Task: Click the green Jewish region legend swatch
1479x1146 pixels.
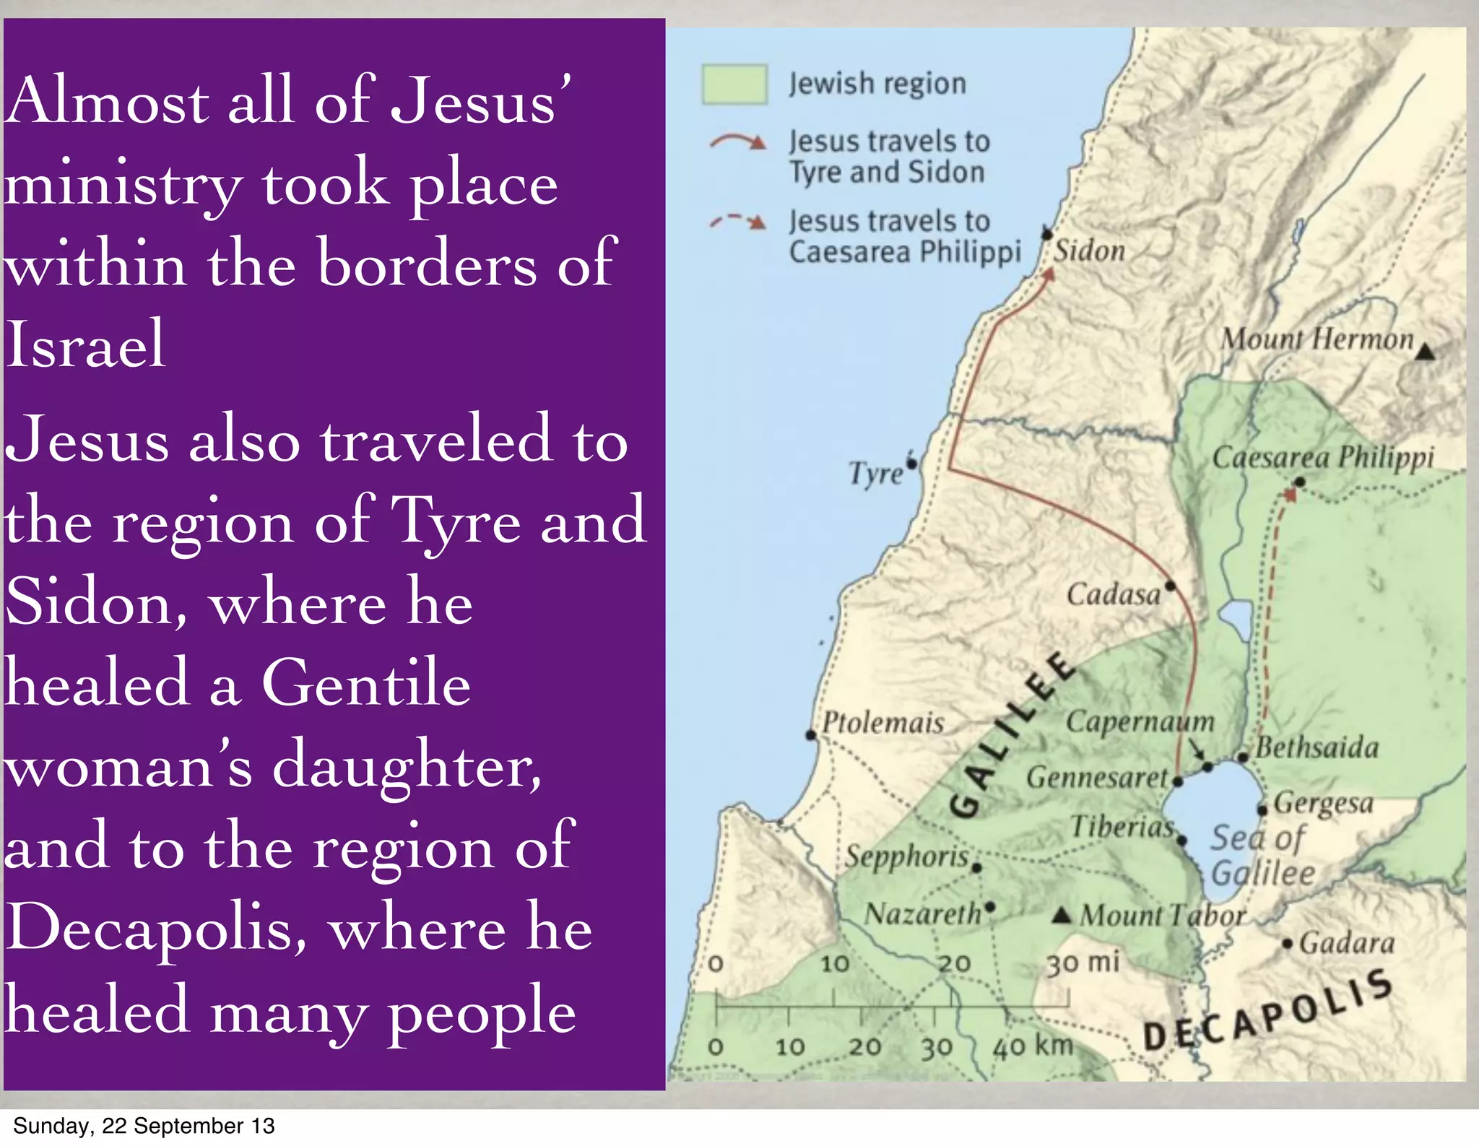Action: pyautogui.click(x=734, y=85)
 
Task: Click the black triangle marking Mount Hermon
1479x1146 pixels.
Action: pyautogui.click(x=1424, y=352)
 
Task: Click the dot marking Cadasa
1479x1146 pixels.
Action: pyautogui.click(x=1171, y=586)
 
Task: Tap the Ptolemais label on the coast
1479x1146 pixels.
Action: pyautogui.click(x=883, y=723)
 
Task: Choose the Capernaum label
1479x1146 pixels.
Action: pyautogui.click(x=1140, y=721)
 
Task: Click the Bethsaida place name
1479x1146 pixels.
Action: pyautogui.click(x=1317, y=748)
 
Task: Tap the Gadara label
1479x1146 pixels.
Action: pyautogui.click(x=1347, y=943)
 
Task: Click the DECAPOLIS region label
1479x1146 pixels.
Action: pyautogui.click(x=1268, y=1014)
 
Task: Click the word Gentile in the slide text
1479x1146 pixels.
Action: pyautogui.click(x=366, y=682)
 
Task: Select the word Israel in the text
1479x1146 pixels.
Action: pyautogui.click(x=85, y=345)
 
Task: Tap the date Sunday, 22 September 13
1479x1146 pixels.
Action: pyautogui.click(x=144, y=1126)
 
